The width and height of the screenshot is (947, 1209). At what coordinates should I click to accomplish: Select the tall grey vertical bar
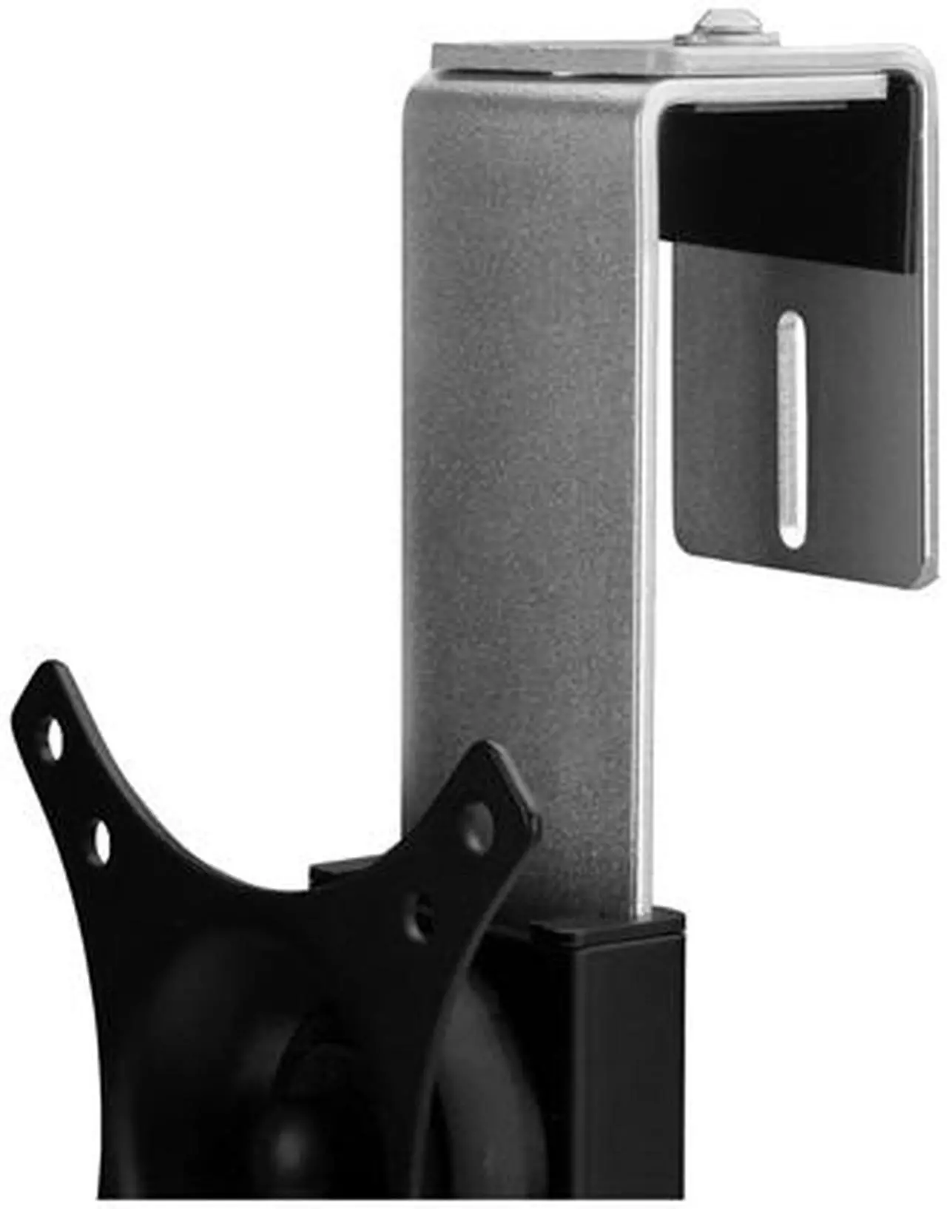pyautogui.click(x=518, y=444)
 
